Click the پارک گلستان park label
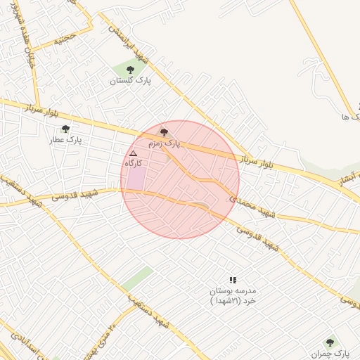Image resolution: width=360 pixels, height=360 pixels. pos(131,81)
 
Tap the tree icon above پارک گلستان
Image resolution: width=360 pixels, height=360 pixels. pos(131,69)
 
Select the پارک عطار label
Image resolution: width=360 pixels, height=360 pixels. pos(70,140)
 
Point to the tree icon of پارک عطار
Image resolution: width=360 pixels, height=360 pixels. pos(65,129)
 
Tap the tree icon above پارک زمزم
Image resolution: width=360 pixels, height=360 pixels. pos(165,131)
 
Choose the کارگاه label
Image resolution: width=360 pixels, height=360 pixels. pos(134,162)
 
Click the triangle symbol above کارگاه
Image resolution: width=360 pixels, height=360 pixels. pos(134,152)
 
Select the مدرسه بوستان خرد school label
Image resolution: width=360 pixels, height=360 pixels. pos(234,295)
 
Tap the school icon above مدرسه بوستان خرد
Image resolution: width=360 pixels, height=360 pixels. pos(233,280)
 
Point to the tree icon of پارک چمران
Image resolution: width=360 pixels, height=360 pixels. pos(330,342)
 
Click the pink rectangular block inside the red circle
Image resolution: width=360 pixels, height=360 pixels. pos(135,179)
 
